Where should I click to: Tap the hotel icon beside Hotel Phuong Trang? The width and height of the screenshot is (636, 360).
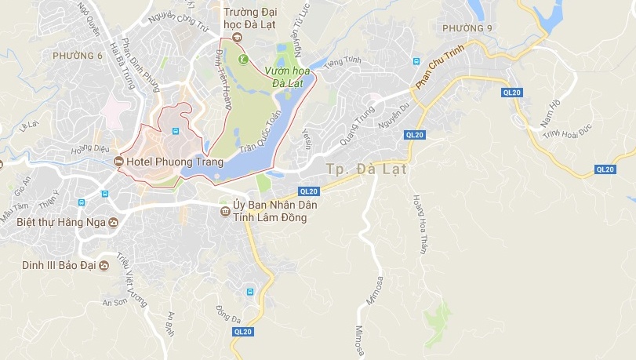118,162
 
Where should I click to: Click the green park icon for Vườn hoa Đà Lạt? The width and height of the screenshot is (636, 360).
243,59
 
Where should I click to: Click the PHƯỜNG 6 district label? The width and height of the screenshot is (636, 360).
78,56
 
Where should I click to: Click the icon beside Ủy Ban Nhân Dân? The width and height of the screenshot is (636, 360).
225,211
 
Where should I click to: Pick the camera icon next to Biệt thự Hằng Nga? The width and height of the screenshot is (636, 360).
114,222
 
